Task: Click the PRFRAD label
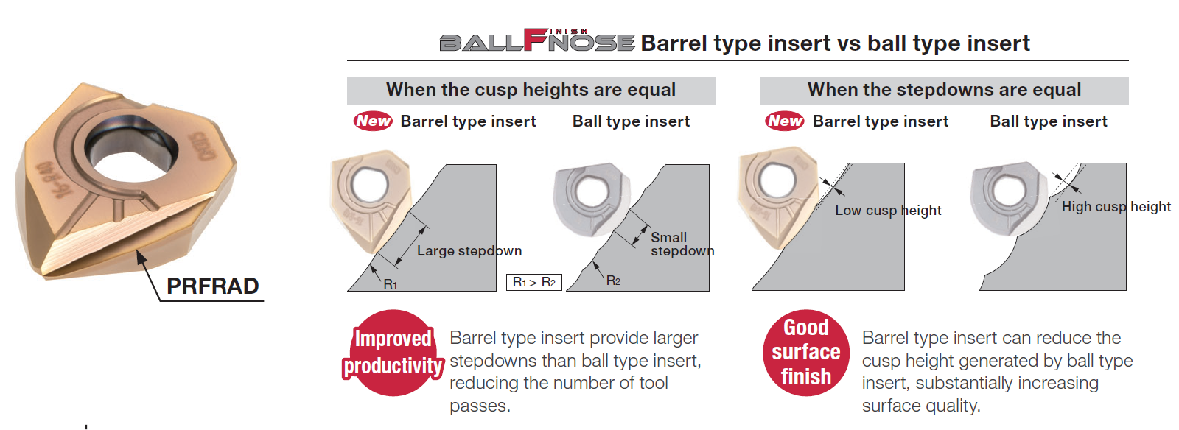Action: coord(213,286)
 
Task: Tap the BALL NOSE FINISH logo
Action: coord(537,40)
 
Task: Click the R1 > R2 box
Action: coord(533,282)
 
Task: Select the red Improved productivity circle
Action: coord(393,353)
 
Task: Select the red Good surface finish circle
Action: coord(806,352)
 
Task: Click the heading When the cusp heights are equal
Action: coord(531,90)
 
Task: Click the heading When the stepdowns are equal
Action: coord(944,90)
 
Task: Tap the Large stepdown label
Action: coord(469,251)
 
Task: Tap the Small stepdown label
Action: coord(682,244)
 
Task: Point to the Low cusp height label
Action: coord(888,211)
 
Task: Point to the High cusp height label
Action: coord(1116,207)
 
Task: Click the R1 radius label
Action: coord(390,284)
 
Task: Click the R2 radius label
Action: coord(613,281)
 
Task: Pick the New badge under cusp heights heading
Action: coord(373,121)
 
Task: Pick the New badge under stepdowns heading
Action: coord(785,121)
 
